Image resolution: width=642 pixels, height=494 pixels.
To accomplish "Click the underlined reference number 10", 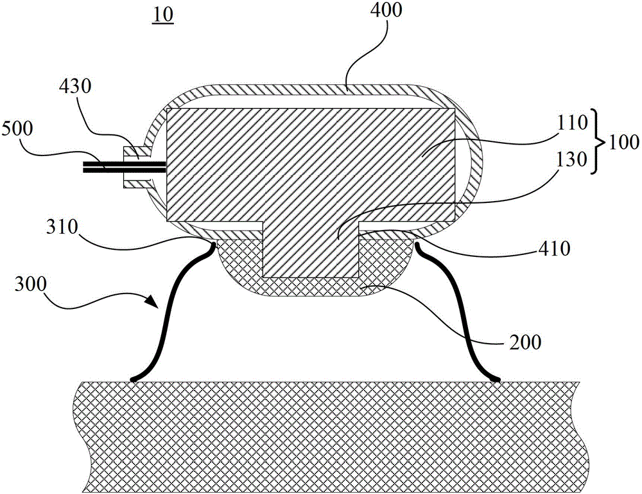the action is [163, 15].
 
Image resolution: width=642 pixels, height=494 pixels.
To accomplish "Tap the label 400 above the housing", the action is [386, 10].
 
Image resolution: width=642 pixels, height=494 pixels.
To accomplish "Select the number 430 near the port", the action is [75, 87].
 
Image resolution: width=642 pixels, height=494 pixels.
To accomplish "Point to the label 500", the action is [17, 128].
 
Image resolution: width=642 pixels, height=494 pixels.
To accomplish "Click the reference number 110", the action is [572, 123].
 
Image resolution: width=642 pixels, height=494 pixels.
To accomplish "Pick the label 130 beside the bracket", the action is [573, 159].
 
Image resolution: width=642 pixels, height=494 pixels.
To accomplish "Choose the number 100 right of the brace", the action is [623, 142].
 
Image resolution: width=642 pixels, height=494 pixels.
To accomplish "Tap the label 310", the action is [62, 227].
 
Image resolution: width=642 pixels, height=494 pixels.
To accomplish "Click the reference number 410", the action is [555, 248].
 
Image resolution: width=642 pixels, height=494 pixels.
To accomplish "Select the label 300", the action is [31, 284].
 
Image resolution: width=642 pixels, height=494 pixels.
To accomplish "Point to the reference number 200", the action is [525, 342].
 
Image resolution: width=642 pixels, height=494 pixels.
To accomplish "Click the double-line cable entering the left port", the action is [124, 167].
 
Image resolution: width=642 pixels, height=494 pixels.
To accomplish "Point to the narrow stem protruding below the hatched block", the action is [311, 250].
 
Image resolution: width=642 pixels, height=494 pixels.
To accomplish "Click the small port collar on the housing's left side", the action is [137, 167].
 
